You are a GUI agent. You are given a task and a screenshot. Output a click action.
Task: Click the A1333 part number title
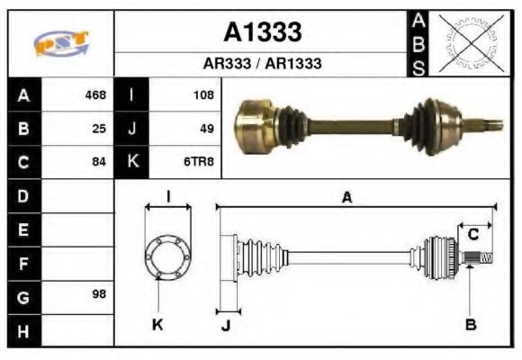[x=262, y=33]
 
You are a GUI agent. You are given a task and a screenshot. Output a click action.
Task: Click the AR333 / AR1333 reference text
[x=262, y=64]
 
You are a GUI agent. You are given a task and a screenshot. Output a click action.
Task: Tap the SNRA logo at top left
[x=60, y=43]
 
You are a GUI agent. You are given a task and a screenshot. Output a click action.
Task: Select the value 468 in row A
[x=94, y=94]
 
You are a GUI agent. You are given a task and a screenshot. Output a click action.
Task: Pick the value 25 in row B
[x=99, y=129]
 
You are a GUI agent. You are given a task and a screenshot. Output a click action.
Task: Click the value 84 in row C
[x=99, y=162]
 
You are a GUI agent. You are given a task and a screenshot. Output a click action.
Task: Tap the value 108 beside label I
[x=203, y=94]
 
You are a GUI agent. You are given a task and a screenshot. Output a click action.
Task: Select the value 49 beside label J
[x=206, y=129]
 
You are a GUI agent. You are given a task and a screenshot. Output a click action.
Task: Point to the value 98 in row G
[x=98, y=295]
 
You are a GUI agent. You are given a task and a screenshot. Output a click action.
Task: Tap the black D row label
[x=22, y=194]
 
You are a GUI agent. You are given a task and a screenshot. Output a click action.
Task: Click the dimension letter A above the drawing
[x=346, y=198]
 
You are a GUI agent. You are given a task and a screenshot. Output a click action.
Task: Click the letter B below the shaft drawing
[x=470, y=324]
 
